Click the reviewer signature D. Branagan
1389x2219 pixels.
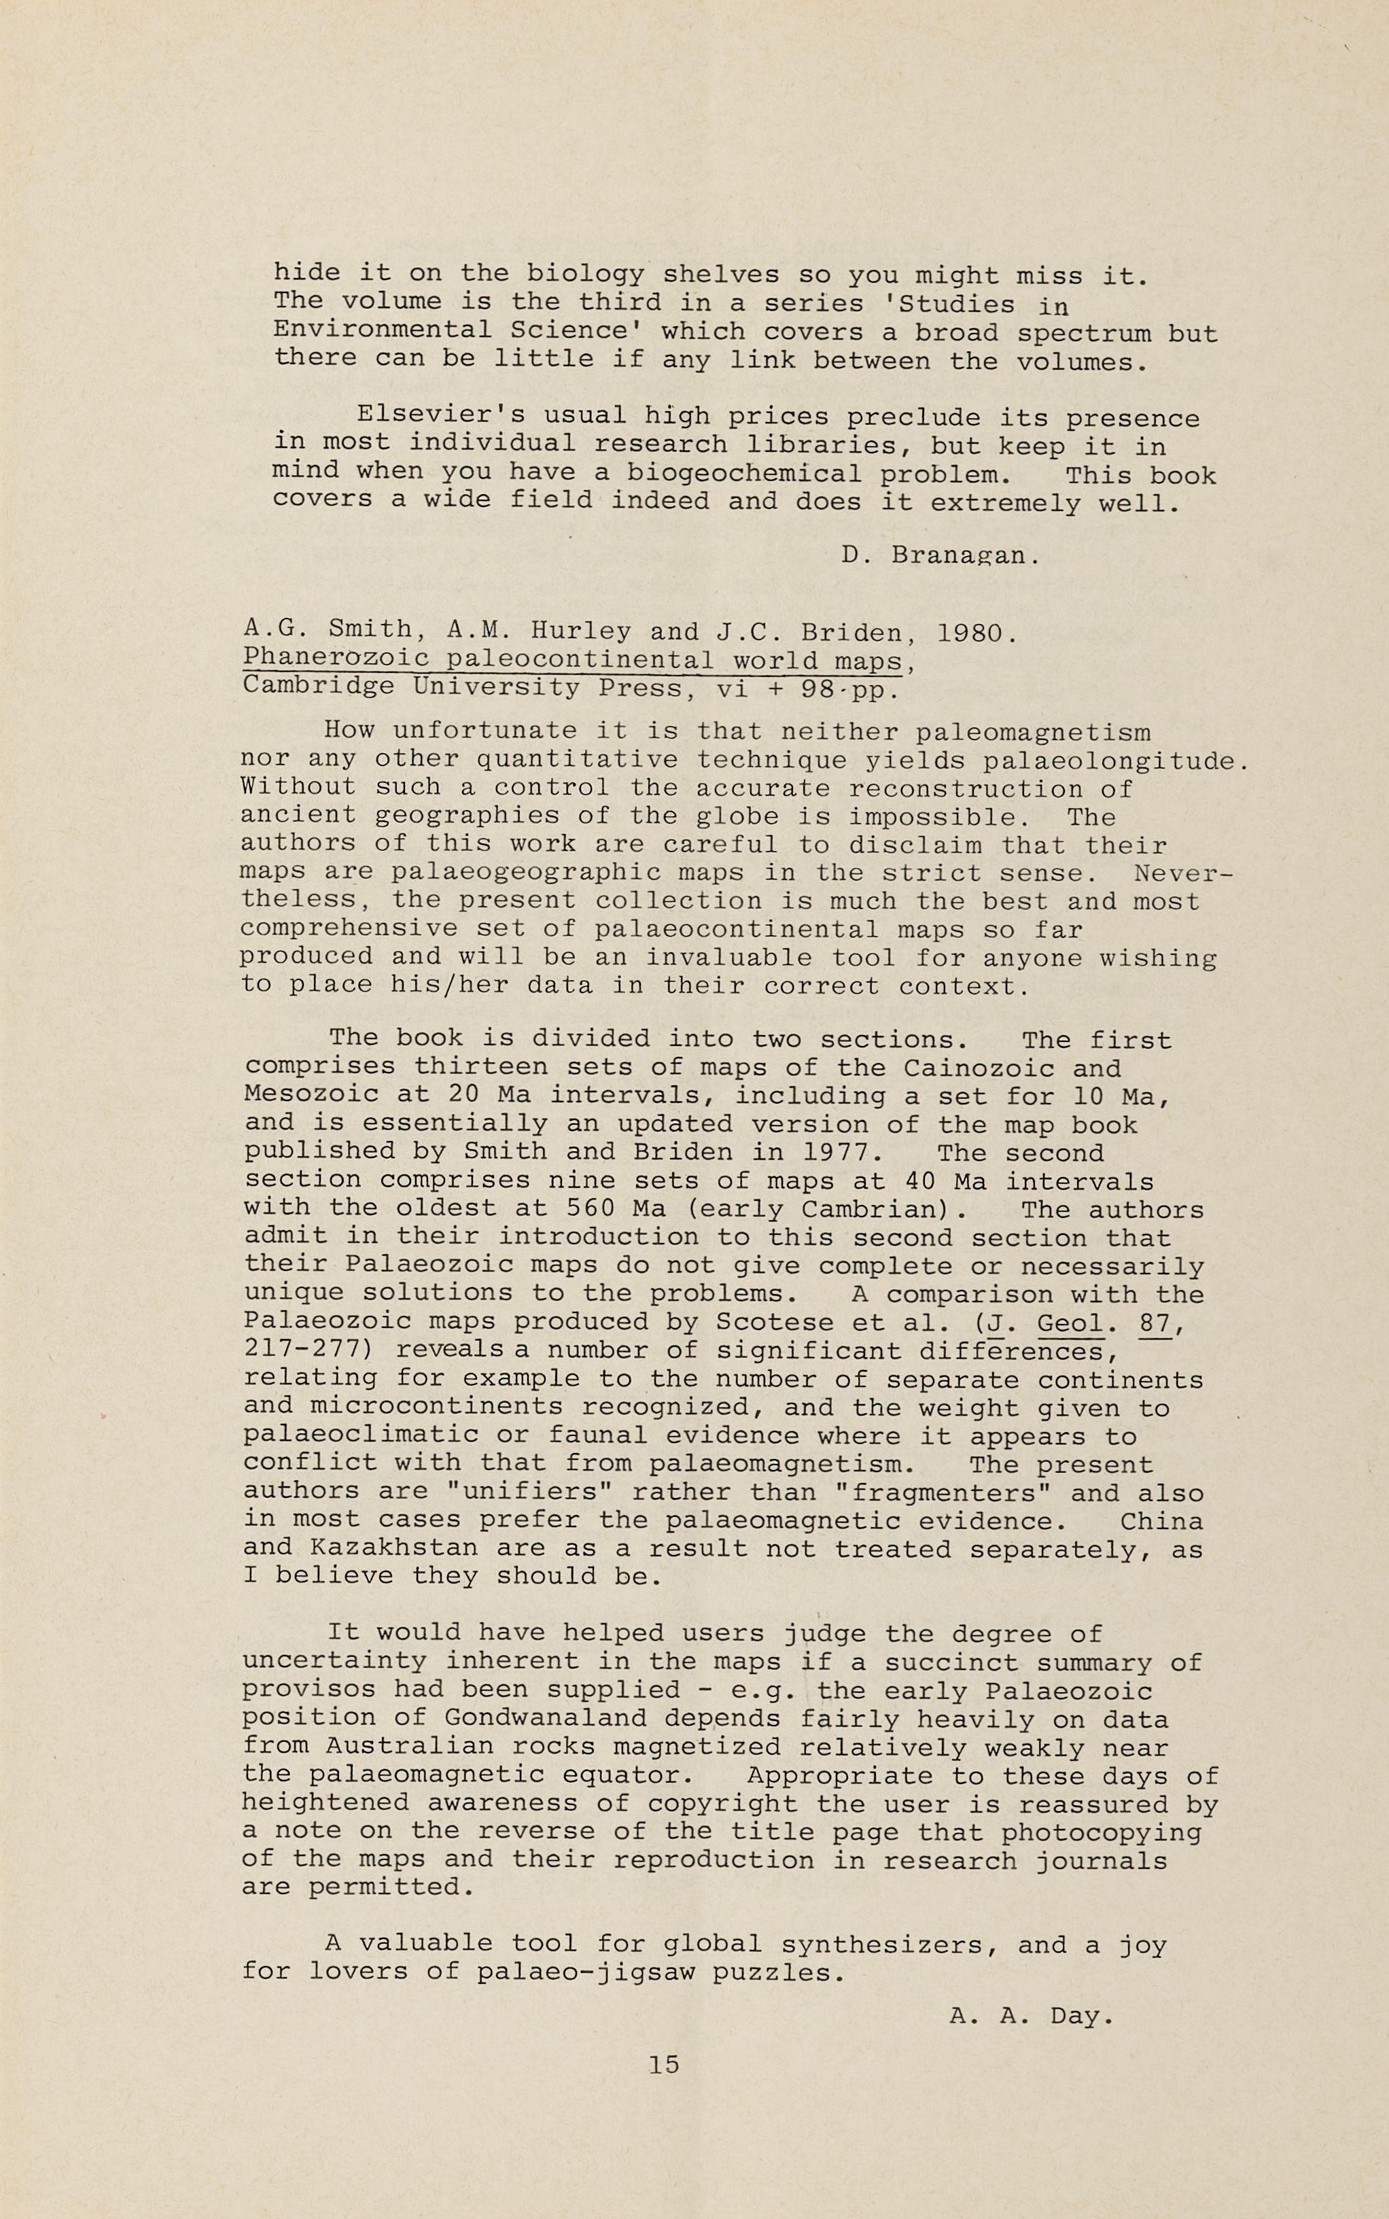pyautogui.click(x=940, y=556)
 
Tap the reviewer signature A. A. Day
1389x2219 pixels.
pyautogui.click(x=1031, y=2016)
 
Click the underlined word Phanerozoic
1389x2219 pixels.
pyautogui.click(x=336, y=659)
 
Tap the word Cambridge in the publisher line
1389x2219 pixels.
pyautogui.click(x=319, y=687)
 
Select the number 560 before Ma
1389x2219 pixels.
pyautogui.click(x=574, y=1208)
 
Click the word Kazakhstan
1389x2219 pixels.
pyautogui.click(x=394, y=1548)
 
